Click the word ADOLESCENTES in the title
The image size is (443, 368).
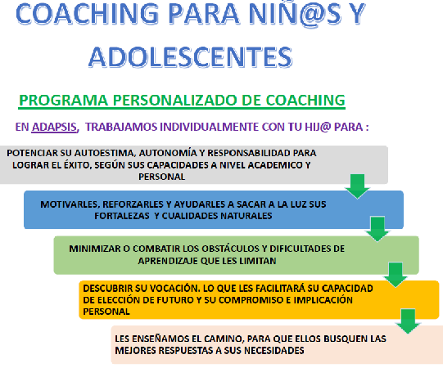191,57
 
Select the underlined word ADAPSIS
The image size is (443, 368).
54,127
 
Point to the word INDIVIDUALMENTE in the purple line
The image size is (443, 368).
209,127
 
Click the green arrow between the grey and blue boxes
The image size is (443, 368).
357,186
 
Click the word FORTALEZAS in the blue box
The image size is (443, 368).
122,216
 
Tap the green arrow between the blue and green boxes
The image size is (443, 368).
377,229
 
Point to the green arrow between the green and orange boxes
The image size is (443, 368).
396,275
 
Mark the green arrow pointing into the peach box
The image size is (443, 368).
408,321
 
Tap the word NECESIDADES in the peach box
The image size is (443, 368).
274,351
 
